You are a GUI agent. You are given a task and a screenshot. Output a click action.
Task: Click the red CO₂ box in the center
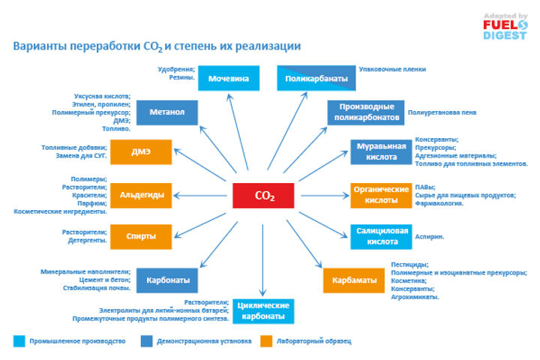coord(264,196)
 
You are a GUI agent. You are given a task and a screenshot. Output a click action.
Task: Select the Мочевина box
coord(229,77)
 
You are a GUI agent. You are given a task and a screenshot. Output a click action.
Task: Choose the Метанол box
coord(167,112)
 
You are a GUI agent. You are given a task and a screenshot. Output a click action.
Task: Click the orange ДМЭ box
coord(141,151)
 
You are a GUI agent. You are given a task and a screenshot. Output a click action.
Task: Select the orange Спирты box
coord(141,236)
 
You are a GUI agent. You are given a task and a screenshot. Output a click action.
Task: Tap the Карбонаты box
coord(167,280)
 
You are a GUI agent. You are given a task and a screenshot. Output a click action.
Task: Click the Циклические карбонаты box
coord(262,310)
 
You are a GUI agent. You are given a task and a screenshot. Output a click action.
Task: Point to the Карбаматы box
coord(352,280)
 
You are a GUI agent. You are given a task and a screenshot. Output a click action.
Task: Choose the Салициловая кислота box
coord(381,236)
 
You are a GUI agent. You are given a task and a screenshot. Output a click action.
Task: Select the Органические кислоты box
coord(381,194)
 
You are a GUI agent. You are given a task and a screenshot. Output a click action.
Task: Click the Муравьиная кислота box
coord(381,151)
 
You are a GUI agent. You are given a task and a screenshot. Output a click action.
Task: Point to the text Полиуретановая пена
coord(442,112)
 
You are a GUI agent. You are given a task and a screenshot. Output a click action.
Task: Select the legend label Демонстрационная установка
coord(204,341)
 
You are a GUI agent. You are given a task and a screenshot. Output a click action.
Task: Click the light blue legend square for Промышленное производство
coord(19,341)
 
